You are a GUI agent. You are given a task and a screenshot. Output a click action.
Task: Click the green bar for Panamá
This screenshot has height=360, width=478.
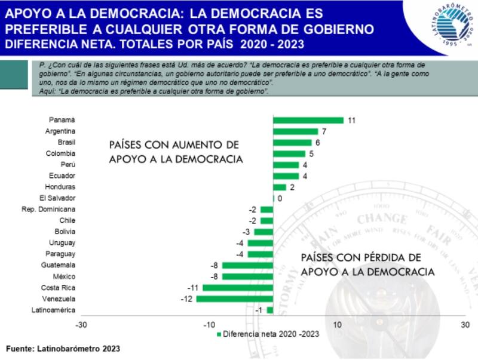pos(308,120)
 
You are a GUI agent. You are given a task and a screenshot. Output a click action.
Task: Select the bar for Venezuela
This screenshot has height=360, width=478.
pos(235,299)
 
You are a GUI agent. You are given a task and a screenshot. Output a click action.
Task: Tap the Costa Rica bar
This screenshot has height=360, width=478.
pos(238,288)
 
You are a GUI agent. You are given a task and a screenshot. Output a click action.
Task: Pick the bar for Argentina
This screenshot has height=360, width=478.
pos(295,131)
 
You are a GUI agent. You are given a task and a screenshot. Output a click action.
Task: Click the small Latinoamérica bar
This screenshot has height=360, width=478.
pos(270,310)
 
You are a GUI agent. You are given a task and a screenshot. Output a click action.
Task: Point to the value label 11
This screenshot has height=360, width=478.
pos(352,121)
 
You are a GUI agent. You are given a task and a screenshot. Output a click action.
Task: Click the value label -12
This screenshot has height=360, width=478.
pos(186,299)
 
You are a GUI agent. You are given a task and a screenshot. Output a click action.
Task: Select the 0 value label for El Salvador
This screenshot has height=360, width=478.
pos(280,198)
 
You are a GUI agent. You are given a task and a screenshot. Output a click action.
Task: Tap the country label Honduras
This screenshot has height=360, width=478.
pos(61,187)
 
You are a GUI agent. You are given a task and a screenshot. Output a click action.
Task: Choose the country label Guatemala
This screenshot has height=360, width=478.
pos(58,265)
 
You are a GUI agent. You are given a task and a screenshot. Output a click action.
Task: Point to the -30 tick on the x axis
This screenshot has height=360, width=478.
pos(81,325)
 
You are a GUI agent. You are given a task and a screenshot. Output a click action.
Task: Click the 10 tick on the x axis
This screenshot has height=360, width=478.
pos(338,325)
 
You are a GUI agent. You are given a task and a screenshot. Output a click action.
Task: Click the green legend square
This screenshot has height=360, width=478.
pos(219,334)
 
